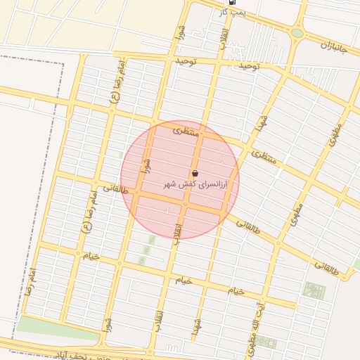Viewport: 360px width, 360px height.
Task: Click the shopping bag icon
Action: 195,174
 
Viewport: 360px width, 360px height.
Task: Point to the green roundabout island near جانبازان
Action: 297,33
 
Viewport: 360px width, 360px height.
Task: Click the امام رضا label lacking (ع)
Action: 30,281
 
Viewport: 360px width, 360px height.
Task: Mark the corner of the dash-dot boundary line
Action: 63,63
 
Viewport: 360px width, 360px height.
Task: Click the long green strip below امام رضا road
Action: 56,328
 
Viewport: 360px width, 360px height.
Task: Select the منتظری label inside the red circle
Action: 187,131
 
